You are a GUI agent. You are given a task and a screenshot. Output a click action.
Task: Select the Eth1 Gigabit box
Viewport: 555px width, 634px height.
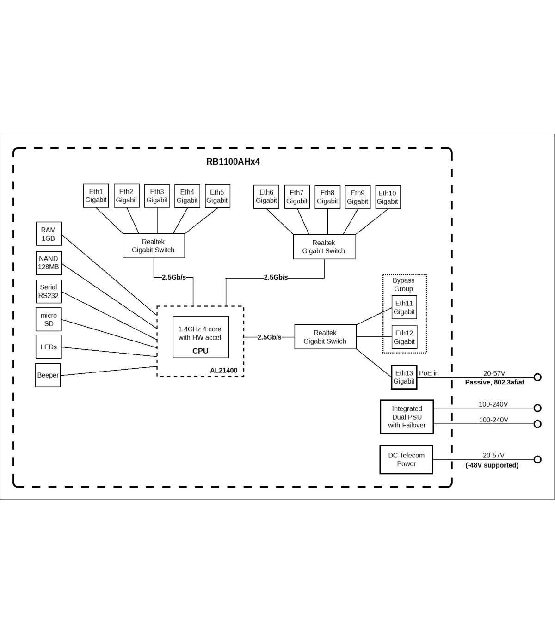(x=96, y=196)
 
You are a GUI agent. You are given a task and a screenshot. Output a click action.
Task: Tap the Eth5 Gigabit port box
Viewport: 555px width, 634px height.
(x=217, y=196)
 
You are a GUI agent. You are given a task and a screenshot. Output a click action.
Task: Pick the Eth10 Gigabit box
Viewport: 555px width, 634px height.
(x=388, y=197)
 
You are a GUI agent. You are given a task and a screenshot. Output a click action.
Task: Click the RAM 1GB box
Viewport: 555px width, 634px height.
(x=49, y=234)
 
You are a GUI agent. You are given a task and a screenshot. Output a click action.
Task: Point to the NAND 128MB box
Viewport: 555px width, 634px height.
(x=49, y=263)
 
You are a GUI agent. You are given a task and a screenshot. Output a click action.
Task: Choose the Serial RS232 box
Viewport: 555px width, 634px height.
(x=49, y=292)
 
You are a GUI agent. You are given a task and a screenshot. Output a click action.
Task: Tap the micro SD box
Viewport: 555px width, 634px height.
(x=49, y=320)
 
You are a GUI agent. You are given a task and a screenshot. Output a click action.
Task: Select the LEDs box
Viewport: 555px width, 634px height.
(x=49, y=347)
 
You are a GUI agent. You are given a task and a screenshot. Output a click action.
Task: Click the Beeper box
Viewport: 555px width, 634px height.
(x=48, y=375)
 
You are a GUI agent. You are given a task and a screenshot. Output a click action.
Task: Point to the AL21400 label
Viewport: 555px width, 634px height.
(x=223, y=371)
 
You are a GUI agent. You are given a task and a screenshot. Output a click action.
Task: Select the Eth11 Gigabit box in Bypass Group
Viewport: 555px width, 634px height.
(x=404, y=308)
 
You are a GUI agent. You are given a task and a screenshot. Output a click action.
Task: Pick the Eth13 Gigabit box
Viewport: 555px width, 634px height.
(x=404, y=378)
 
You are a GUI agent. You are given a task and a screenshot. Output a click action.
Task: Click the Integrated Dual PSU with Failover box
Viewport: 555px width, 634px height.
(x=407, y=417)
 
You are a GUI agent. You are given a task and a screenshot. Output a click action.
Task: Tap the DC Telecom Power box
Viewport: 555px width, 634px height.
(x=406, y=460)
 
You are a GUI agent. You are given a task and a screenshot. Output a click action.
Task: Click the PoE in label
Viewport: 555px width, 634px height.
(x=429, y=373)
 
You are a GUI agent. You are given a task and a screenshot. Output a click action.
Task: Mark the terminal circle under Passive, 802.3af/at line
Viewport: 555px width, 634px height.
(x=537, y=377)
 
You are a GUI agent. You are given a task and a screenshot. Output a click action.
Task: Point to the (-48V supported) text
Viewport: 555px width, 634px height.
(x=492, y=465)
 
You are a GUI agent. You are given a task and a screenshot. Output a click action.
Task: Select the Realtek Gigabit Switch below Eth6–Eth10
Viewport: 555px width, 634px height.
(x=324, y=247)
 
